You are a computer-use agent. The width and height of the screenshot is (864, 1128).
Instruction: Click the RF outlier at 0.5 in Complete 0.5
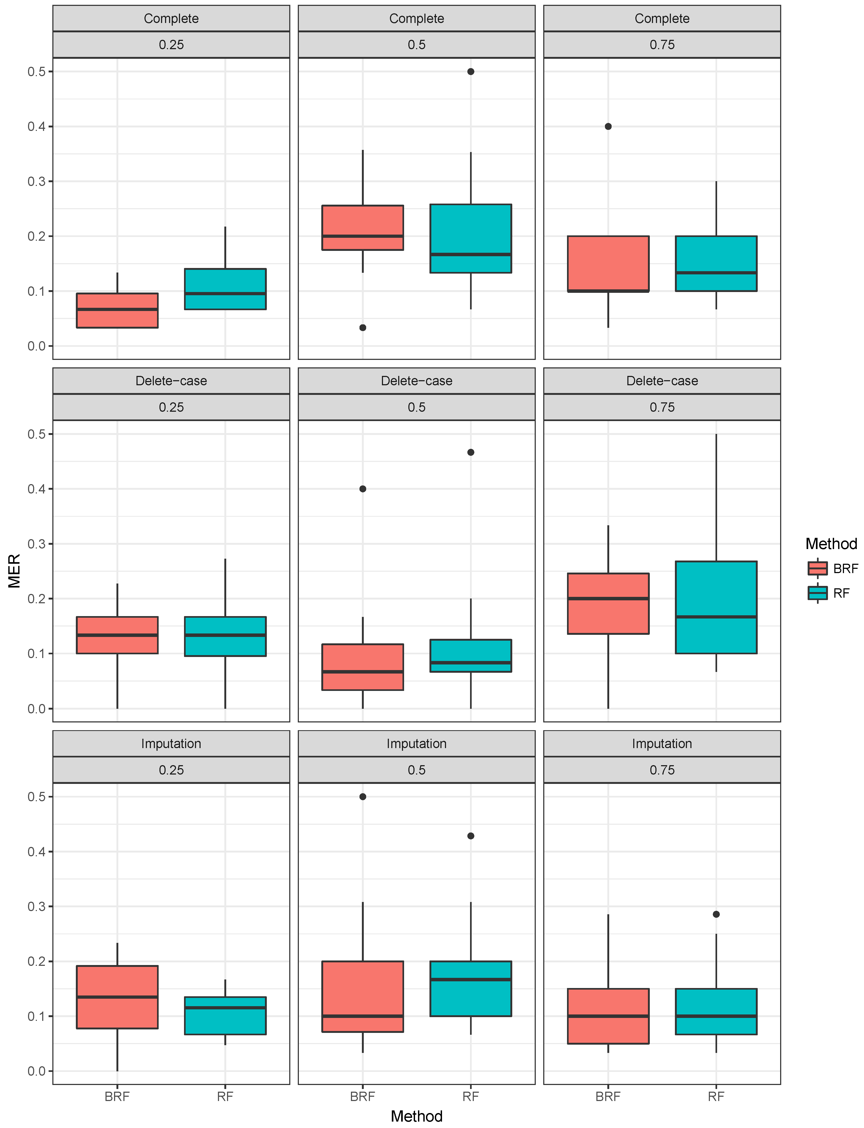tap(471, 72)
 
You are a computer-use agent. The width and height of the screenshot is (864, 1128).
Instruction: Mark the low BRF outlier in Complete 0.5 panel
tap(363, 328)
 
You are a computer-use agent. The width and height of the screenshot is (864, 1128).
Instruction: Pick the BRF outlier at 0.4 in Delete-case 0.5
tap(363, 489)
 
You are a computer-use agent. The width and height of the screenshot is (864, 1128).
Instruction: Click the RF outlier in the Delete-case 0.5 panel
tap(471, 452)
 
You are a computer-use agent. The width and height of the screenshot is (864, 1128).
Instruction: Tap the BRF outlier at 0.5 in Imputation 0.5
tap(363, 797)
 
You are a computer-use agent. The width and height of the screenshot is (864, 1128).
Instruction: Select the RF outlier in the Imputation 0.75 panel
tap(716, 914)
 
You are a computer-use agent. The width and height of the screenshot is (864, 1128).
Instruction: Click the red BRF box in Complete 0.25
tap(117, 311)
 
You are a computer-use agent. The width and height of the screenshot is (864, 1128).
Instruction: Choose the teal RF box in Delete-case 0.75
tap(716, 607)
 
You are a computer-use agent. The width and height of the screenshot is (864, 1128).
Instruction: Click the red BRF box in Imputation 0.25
tap(117, 997)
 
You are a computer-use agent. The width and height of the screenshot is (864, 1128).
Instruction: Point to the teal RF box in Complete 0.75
tap(716, 263)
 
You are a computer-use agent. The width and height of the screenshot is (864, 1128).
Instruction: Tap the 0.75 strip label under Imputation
tap(662, 770)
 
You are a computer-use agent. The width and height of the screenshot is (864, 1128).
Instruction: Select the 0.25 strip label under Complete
tap(171, 45)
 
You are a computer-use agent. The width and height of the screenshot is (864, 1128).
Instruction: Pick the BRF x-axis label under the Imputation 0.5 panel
tap(363, 1096)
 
